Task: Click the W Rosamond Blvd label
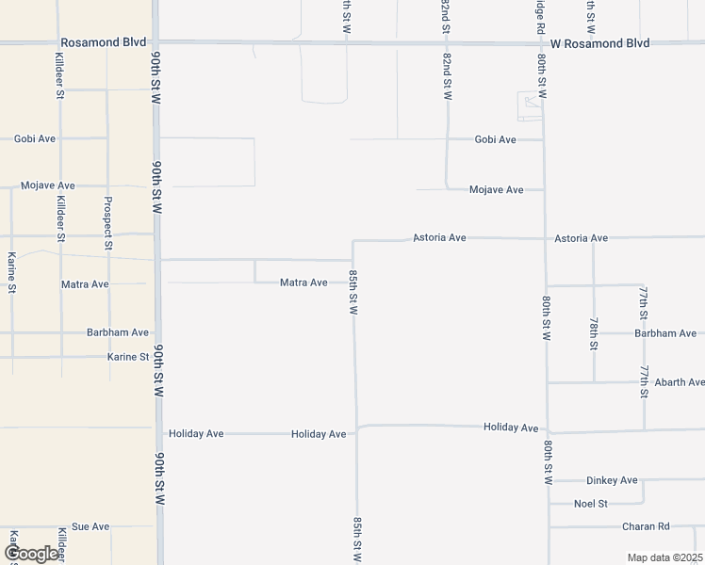click(x=600, y=43)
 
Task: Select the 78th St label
click(x=594, y=333)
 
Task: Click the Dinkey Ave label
click(x=612, y=480)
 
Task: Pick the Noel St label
click(x=591, y=504)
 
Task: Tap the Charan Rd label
click(x=646, y=526)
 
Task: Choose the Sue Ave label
click(x=91, y=526)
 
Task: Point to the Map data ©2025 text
click(x=664, y=557)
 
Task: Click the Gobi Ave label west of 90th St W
click(x=35, y=138)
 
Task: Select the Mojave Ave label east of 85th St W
click(x=496, y=189)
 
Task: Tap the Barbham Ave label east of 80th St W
click(x=665, y=333)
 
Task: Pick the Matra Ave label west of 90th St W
click(x=85, y=283)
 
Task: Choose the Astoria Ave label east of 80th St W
click(x=582, y=238)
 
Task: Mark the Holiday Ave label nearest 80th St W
click(x=511, y=428)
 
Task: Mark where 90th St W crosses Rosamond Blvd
click(x=156, y=42)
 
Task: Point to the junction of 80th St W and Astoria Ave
click(x=545, y=238)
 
